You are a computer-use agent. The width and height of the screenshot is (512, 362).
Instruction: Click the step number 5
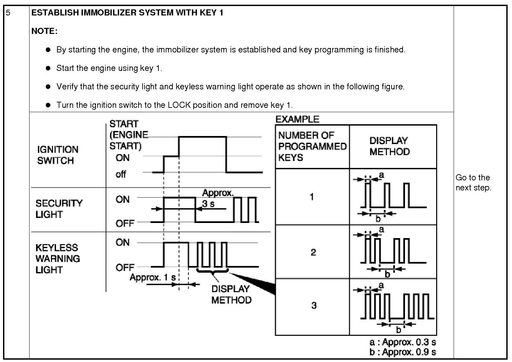tap(8, 13)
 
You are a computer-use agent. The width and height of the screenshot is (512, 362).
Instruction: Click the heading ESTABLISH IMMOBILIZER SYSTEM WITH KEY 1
tap(127, 13)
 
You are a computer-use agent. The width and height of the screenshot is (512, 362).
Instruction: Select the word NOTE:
tap(44, 31)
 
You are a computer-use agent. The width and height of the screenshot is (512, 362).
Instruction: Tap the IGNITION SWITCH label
tap(57, 155)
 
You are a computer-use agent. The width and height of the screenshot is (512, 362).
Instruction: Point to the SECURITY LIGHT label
tap(59, 209)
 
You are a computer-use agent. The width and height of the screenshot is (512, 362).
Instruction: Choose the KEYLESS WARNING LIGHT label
tap(57, 259)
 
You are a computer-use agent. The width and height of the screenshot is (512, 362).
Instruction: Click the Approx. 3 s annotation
tap(217, 198)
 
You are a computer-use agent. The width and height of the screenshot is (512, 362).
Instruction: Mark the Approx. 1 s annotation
tap(153, 277)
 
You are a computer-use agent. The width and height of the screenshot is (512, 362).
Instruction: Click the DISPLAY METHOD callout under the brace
tap(231, 294)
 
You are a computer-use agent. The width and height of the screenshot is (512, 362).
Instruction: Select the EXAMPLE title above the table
tap(297, 119)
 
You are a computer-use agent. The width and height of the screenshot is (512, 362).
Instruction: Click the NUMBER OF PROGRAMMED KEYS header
tap(312, 146)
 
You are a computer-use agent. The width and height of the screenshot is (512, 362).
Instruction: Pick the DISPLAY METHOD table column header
tap(389, 146)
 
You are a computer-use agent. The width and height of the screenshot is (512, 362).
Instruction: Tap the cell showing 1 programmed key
tap(312, 196)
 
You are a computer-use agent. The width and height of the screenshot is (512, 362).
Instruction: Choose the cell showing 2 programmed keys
tap(313, 252)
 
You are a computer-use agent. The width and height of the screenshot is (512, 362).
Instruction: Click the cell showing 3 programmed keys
tap(314, 305)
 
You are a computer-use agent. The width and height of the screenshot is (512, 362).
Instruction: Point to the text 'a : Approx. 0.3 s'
tap(403, 342)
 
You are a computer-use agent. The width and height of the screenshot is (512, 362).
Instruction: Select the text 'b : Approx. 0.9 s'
tap(403, 352)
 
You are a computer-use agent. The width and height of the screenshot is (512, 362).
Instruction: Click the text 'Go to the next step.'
tap(473, 182)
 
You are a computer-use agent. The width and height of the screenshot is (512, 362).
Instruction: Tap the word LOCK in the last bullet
tap(179, 105)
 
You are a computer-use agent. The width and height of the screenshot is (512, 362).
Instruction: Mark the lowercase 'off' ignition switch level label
tap(121, 174)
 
